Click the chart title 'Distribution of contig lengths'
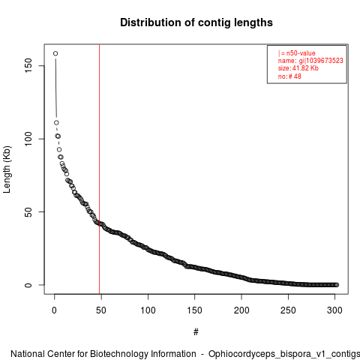[x=196, y=22]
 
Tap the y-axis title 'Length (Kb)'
[x=7, y=169]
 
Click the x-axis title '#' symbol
[x=196, y=332]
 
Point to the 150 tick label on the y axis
[x=28, y=65]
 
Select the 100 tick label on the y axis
[x=28, y=139]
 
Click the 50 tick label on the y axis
[x=28, y=211]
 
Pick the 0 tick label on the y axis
[x=28, y=285]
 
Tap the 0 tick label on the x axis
[x=54, y=310]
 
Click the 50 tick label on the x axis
[x=101, y=310]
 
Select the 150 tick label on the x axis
[x=194, y=310]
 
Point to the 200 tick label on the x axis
[x=241, y=310]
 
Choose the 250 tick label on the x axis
[x=288, y=310]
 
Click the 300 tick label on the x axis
[x=334, y=310]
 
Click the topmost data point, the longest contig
[x=55, y=53]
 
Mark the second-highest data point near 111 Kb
[x=56, y=122]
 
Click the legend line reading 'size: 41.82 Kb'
[x=298, y=68]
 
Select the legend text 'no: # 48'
[x=289, y=76]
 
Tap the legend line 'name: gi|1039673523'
[x=310, y=61]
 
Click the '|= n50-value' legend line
[x=297, y=53]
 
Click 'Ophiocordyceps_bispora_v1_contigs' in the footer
[x=284, y=354]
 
